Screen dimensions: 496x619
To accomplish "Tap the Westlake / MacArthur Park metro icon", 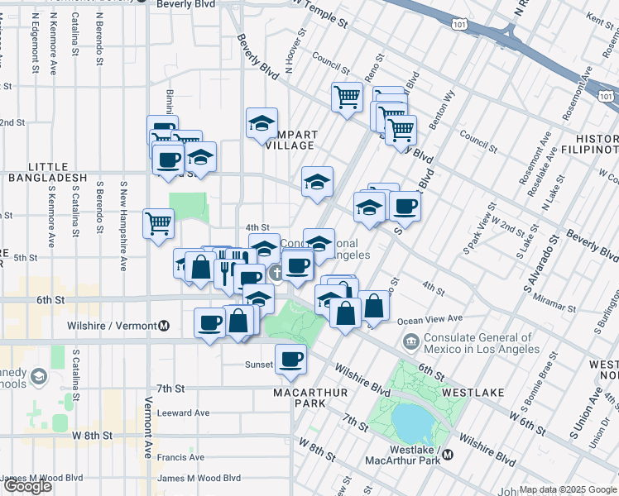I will tap(448, 454).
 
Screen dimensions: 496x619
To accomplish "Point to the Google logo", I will tap(27, 486).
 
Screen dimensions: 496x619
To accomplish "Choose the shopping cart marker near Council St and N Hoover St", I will tap(347, 97).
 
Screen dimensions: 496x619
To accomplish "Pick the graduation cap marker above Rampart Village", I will tap(262, 124).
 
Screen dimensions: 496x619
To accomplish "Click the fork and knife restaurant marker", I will tap(223, 270).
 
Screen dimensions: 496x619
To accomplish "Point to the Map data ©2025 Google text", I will tap(568, 489).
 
